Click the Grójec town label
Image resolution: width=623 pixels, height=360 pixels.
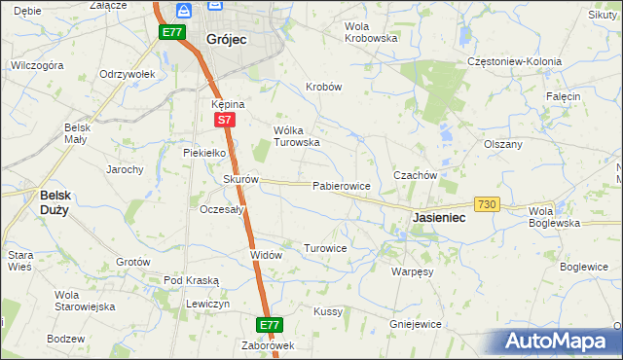pos(226,40)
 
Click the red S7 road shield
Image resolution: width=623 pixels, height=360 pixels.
pos(224,120)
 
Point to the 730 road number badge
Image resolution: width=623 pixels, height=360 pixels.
pos(487,204)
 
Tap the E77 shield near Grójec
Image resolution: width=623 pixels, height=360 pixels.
pos(172,32)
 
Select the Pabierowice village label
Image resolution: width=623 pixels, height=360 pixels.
pos(340,185)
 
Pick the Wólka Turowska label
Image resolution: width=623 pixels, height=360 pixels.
pos(297,136)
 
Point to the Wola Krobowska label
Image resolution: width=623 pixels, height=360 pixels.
pos(372,32)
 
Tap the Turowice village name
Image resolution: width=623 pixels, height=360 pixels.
pos(325,249)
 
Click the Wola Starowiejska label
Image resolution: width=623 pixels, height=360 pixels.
pos(85,301)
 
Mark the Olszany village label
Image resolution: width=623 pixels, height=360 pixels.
pos(503,144)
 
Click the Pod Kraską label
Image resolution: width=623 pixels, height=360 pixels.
pos(191,280)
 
